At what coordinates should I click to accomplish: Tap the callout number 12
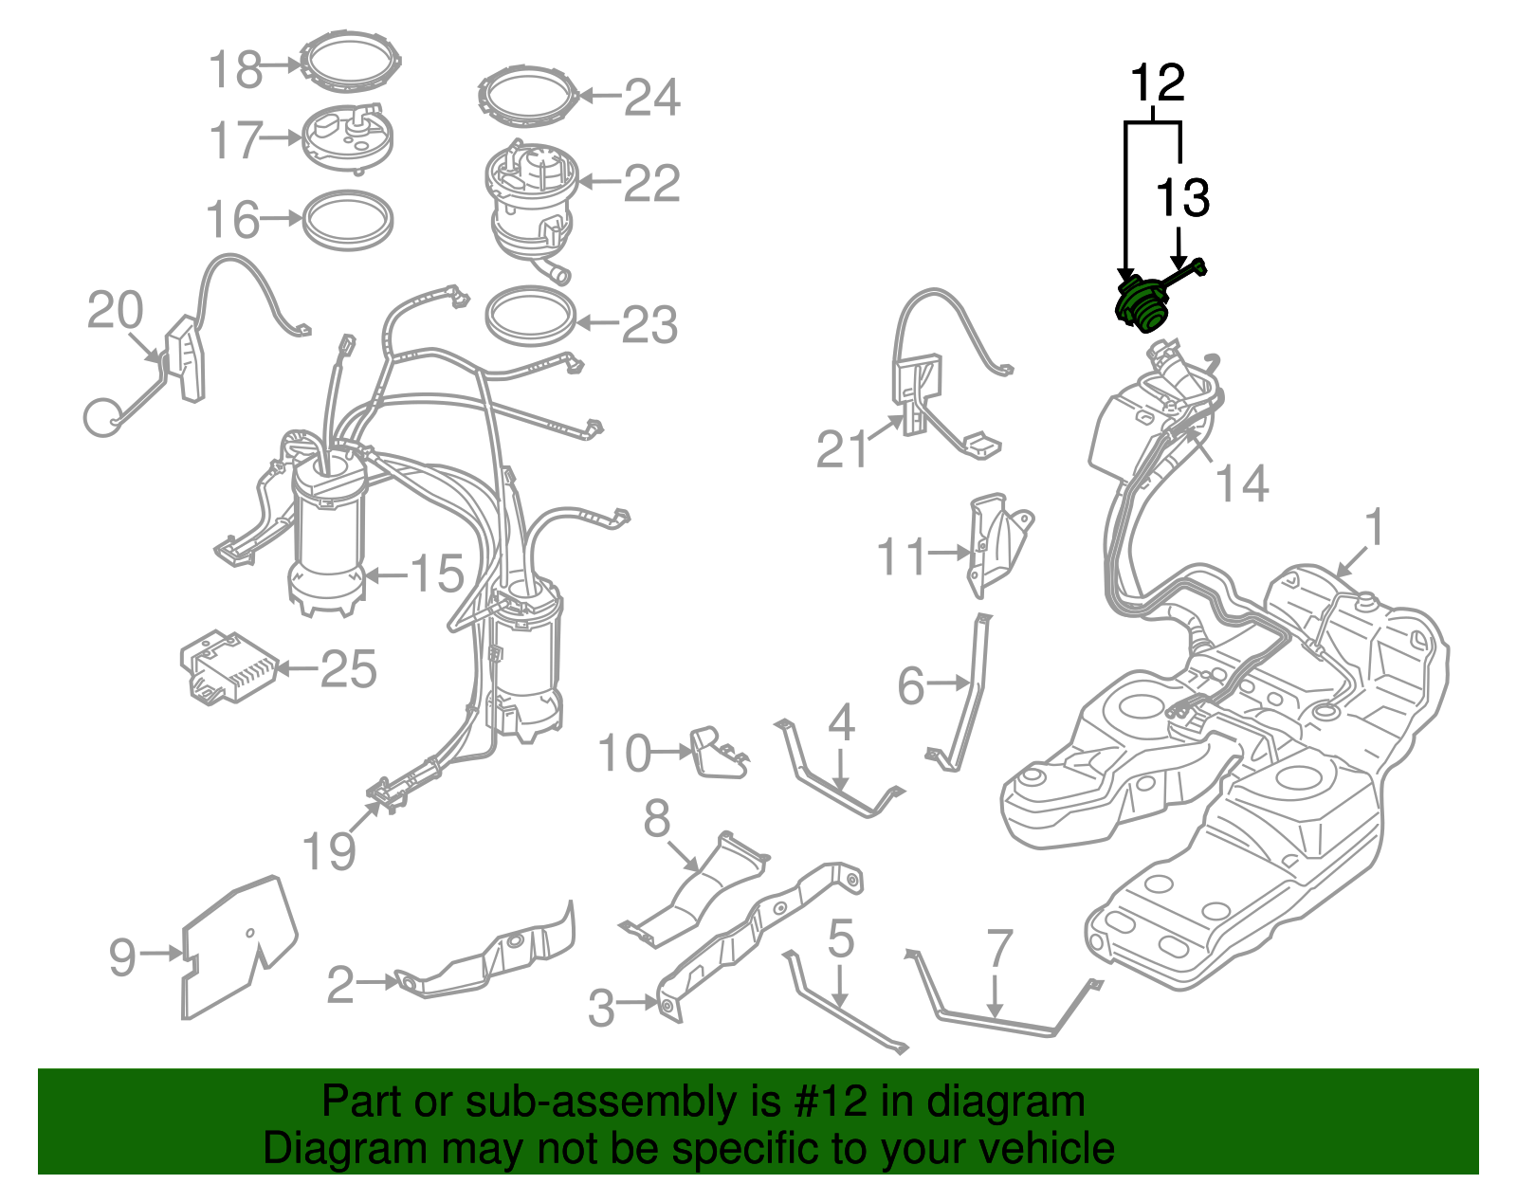[1157, 83]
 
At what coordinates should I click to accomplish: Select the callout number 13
[1181, 198]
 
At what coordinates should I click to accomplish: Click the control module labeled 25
[228, 665]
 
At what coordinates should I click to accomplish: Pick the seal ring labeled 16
[347, 220]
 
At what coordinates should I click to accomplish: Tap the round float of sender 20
[102, 417]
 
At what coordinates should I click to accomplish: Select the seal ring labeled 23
[530, 316]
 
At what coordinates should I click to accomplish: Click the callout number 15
[437, 574]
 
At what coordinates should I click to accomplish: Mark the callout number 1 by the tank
[1374, 528]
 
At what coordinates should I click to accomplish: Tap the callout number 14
[1242, 484]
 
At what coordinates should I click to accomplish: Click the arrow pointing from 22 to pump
[597, 182]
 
